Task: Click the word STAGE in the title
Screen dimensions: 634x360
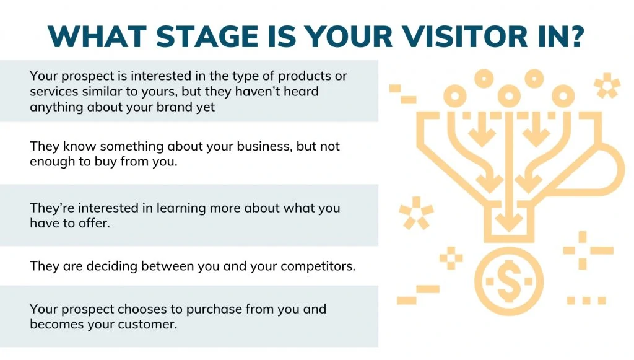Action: click(x=207, y=37)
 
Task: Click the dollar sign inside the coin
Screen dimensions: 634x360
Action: click(x=509, y=281)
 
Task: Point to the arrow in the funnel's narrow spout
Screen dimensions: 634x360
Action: click(x=509, y=216)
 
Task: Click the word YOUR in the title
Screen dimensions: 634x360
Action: click(x=348, y=37)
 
